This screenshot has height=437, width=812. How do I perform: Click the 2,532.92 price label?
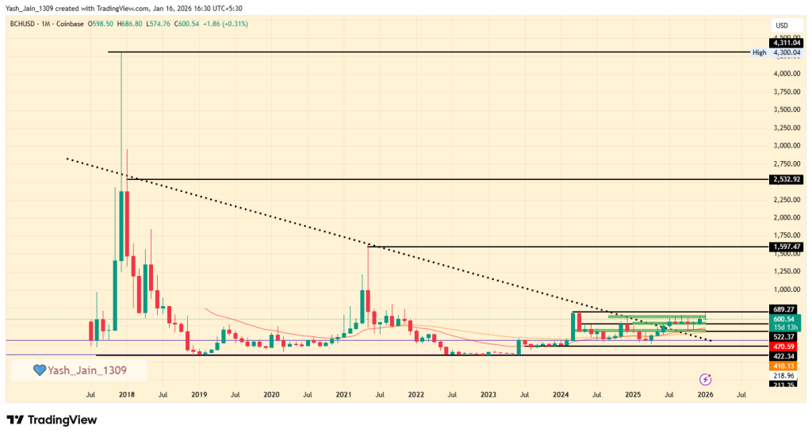point(786,179)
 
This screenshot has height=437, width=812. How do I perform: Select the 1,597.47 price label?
point(786,247)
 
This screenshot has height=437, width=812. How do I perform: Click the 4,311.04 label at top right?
point(786,42)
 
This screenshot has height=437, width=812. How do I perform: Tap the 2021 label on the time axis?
point(343,393)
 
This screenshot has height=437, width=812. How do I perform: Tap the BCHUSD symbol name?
point(23,24)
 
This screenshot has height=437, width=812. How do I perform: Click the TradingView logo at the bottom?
point(52,419)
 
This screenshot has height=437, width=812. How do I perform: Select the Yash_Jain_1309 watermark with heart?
point(79,370)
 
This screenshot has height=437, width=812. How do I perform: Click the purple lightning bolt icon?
point(705,379)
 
